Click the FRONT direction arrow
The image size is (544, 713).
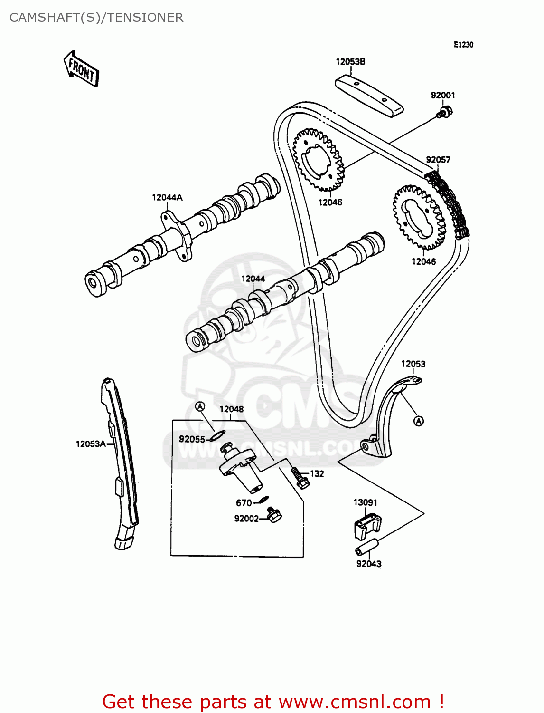tap(81, 68)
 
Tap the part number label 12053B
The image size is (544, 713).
tap(350, 62)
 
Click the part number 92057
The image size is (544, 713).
tap(438, 160)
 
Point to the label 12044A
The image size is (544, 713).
tap(167, 197)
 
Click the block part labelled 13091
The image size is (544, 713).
tap(367, 525)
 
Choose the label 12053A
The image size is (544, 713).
tap(91, 444)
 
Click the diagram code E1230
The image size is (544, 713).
tap(463, 45)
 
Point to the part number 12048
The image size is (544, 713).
tap(231, 409)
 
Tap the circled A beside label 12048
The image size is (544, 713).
tap(200, 406)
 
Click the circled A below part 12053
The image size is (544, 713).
tap(418, 421)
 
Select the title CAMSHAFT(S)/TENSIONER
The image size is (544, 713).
tap(96, 18)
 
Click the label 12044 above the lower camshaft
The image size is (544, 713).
tap(253, 279)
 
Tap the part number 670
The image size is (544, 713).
tap(244, 503)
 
